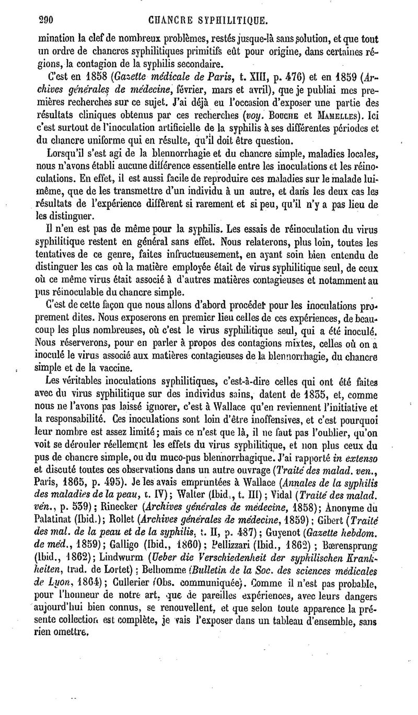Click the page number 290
click(x=33, y=21)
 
